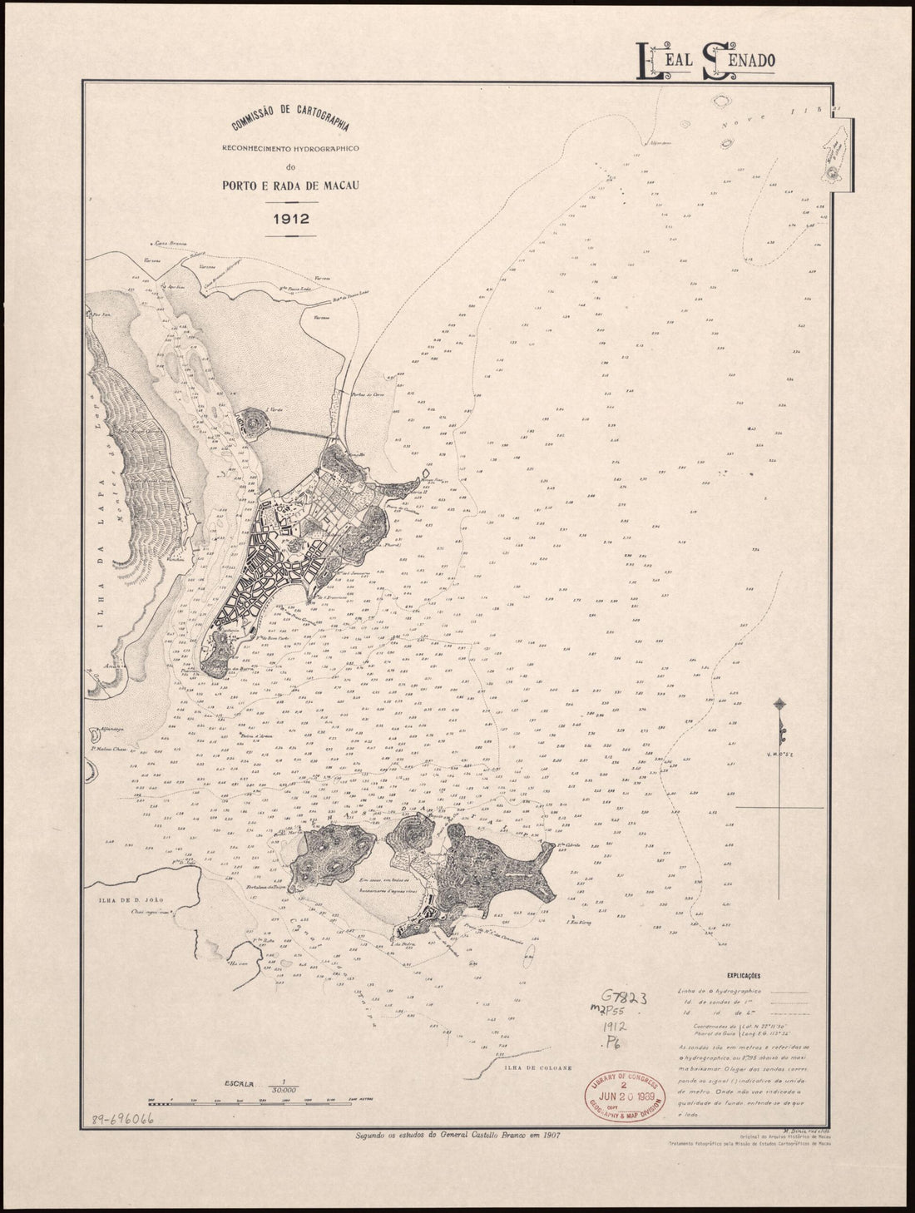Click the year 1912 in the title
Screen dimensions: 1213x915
tap(272, 220)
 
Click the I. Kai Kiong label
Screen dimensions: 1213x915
tap(577, 921)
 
